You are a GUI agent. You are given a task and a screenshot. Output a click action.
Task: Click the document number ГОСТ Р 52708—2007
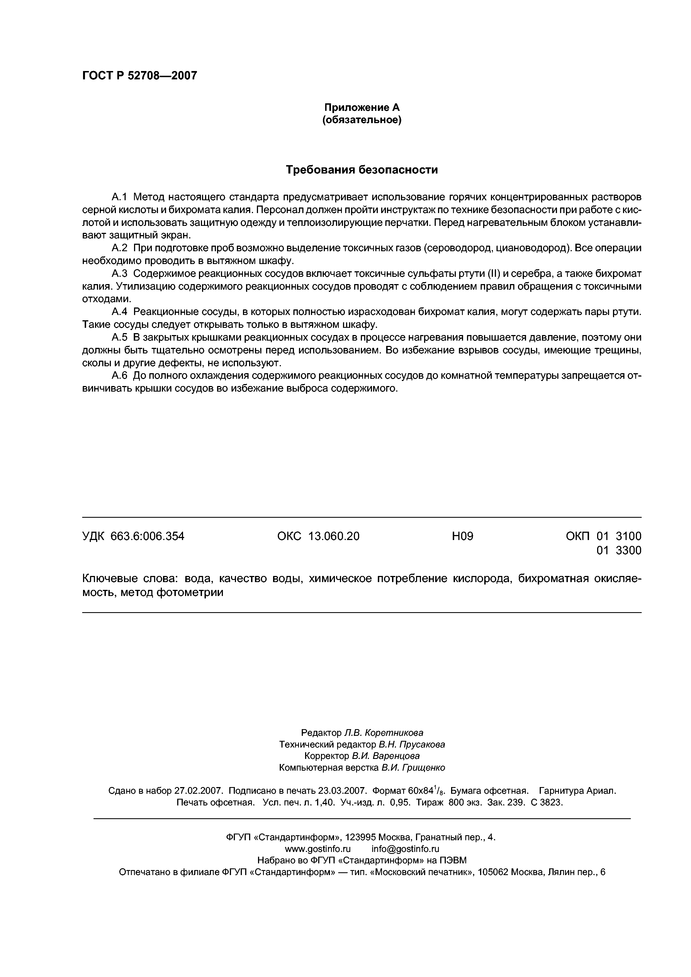click(139, 76)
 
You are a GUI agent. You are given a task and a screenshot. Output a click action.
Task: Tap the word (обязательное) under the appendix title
click(362, 120)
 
